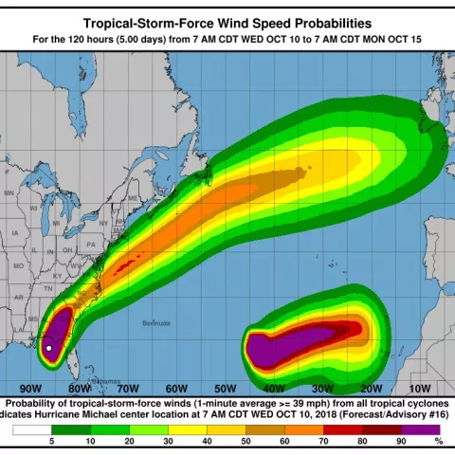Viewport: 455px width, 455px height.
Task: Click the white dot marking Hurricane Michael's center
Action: click(49, 348)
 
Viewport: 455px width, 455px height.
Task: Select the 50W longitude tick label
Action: click(225, 389)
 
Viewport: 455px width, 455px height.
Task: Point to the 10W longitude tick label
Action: click(419, 389)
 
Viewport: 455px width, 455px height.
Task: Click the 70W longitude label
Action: click(128, 389)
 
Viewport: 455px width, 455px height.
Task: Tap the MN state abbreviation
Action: click(10, 193)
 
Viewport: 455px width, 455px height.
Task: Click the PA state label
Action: click(91, 244)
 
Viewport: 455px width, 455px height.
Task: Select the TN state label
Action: click(47, 286)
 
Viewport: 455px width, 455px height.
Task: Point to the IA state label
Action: click(15, 232)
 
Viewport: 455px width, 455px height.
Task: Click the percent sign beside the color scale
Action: click(438, 441)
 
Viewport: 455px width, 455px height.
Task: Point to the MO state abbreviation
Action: click(18, 266)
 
